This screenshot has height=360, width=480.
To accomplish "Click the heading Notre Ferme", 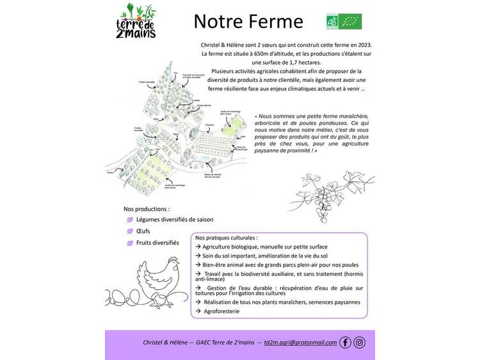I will [248, 22].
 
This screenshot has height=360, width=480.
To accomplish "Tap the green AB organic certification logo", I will [333, 21].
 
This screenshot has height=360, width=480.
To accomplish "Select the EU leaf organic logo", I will [351, 21].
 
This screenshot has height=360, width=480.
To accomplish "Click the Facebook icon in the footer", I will [346, 343].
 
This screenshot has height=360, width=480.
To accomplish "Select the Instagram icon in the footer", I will [360, 343].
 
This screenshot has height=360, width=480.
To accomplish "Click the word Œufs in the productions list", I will [143, 231].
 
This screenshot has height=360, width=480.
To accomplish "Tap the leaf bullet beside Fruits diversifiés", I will [130, 243].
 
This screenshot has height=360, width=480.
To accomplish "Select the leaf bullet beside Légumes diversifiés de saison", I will [130, 219].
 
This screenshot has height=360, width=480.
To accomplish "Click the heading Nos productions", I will [147, 209].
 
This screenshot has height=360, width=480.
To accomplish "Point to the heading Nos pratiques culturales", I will [227, 237].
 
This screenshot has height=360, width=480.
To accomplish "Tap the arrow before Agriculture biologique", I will [198, 247].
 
